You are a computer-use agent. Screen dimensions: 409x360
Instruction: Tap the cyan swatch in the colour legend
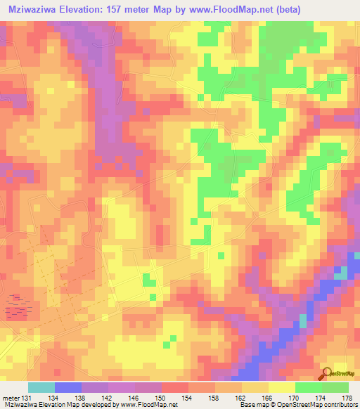41,388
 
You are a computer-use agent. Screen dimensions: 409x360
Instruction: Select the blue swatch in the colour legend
68,388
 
